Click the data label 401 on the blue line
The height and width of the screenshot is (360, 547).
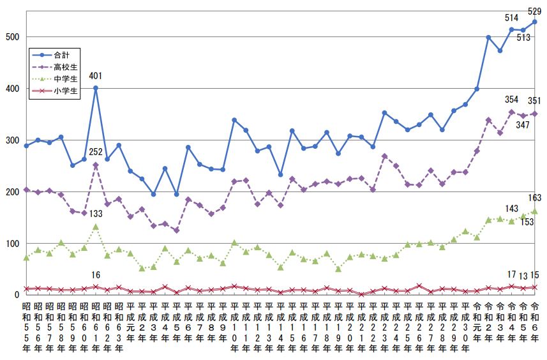pyautogui.click(x=96, y=76)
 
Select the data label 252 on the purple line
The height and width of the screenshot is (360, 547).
pyautogui.click(x=96, y=152)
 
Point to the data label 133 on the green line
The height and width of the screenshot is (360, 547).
pyautogui.click(x=96, y=213)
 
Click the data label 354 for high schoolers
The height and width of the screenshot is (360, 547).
pyautogui.click(x=511, y=100)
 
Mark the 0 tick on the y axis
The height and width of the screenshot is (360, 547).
pyautogui.click(x=17, y=295)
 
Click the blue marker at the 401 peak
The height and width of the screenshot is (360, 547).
pyautogui.click(x=96, y=88)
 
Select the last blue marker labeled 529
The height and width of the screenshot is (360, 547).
pyautogui.click(x=535, y=22)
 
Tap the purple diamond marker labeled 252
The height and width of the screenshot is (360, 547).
pyautogui.click(x=96, y=165)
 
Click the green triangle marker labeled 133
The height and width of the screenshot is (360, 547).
pyautogui.click(x=96, y=227)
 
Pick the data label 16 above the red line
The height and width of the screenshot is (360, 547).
pyautogui.click(x=96, y=275)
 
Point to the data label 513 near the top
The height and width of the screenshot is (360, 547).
pyautogui.click(x=523, y=38)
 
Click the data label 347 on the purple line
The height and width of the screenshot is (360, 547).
pyautogui.click(x=523, y=124)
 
